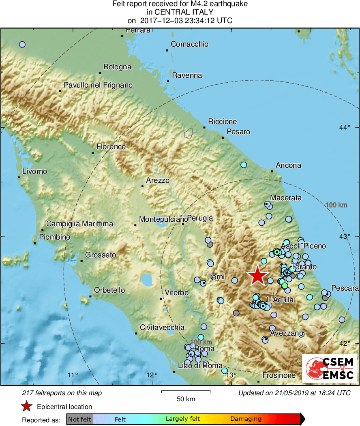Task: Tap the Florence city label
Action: click(111, 147)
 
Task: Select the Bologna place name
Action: click(117, 67)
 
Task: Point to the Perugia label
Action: click(200, 218)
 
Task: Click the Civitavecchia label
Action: click(162, 328)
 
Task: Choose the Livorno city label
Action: click(34, 171)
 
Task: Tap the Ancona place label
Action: click(288, 165)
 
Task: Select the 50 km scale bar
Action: click(186, 392)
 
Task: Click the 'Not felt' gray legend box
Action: click(79, 419)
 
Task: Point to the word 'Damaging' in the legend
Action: click(246, 419)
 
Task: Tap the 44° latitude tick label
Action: click(345, 128)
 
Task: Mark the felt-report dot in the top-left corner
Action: click(22, 44)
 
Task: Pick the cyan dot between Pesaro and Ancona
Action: click(244, 165)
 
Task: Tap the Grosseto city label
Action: click(101, 255)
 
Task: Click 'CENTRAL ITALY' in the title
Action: click(180, 12)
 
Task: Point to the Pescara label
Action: click(345, 288)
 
